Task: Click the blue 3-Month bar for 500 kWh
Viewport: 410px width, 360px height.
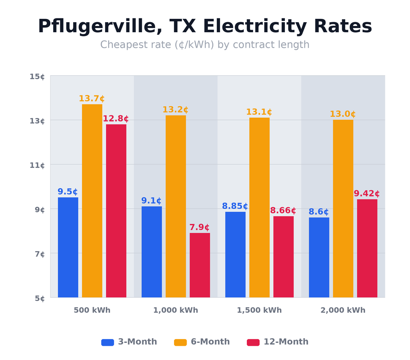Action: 68,247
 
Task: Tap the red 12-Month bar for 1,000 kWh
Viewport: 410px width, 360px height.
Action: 200,265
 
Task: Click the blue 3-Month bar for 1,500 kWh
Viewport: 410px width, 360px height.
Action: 235,255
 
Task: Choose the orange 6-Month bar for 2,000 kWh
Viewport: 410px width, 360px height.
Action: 343,208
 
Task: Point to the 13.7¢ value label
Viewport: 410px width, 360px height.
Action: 92,99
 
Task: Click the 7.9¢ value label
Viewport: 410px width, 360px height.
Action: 200,227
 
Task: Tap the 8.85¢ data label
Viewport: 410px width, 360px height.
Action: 235,206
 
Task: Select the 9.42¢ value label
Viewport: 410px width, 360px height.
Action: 366,194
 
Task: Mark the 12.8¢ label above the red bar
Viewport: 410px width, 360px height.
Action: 116,119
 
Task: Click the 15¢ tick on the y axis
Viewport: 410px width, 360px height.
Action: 37,77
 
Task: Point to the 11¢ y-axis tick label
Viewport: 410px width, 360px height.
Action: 37,165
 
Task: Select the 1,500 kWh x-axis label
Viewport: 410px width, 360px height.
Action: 259,311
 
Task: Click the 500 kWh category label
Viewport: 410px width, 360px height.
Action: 92,311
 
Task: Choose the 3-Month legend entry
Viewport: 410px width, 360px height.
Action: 129,342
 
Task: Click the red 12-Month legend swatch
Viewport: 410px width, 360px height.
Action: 253,342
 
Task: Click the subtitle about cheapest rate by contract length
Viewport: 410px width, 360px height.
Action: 205,45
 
